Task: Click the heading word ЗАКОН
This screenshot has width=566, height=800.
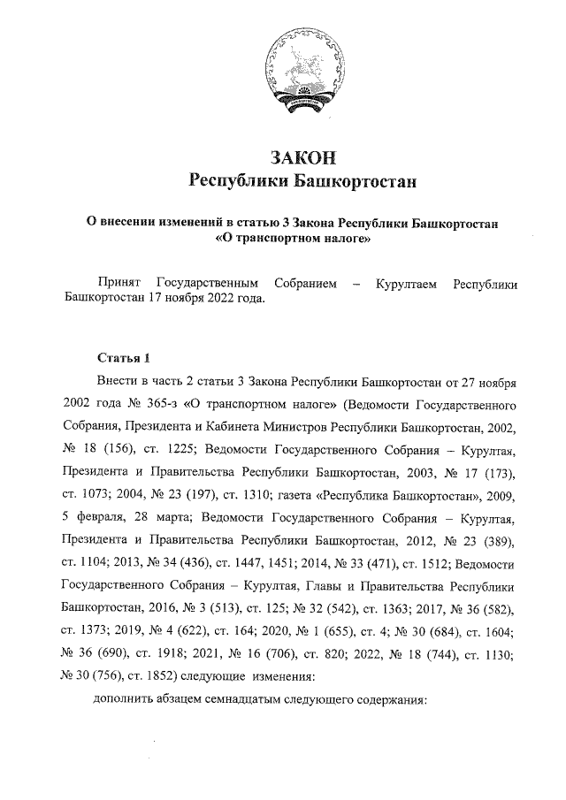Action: [x=302, y=158]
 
